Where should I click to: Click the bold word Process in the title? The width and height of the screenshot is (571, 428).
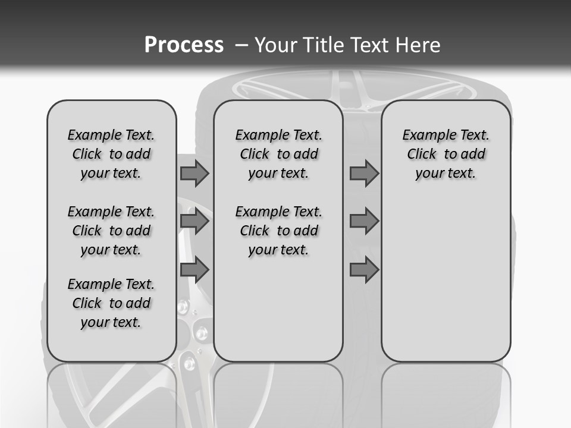pos(184,45)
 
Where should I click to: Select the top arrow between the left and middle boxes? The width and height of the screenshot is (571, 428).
pos(194,174)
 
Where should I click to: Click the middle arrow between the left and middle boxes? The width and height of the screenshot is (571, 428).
pos(194,221)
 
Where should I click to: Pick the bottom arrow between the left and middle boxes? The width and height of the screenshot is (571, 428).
pos(194,270)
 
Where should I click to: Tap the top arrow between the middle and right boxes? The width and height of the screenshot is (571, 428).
pos(364,174)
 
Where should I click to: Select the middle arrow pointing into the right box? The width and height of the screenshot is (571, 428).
pos(364,221)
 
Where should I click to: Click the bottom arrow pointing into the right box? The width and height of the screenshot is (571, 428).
pos(364,270)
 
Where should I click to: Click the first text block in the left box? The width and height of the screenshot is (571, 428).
pos(111,154)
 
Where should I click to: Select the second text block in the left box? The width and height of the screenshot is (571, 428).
pos(111,231)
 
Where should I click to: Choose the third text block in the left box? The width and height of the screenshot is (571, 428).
pos(111,303)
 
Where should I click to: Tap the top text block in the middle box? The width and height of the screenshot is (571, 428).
pos(278,154)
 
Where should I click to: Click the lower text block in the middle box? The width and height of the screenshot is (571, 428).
pos(278,231)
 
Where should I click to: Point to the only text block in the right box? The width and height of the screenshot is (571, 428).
pos(445,154)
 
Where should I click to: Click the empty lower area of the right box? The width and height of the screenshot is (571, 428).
pos(445,285)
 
